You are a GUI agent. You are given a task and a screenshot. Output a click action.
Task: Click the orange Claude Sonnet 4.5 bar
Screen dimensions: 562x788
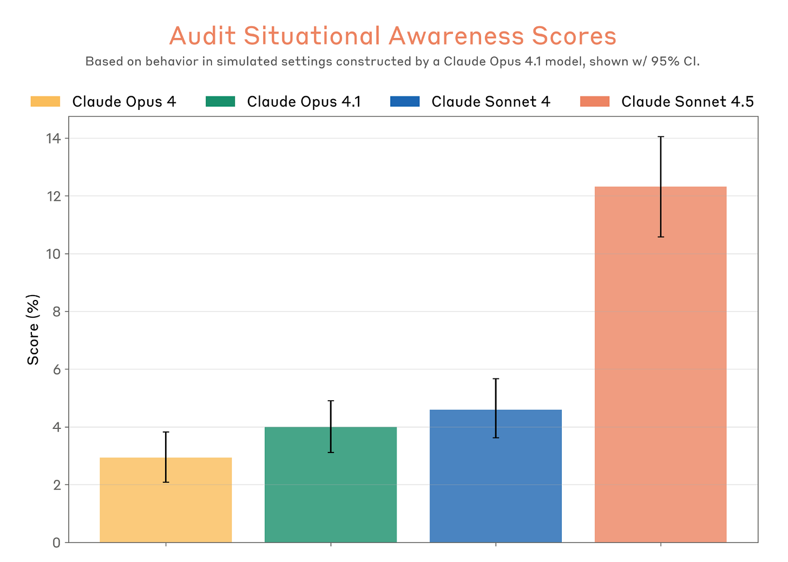660,379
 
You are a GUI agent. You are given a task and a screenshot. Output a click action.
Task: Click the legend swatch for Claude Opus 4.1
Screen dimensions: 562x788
220,102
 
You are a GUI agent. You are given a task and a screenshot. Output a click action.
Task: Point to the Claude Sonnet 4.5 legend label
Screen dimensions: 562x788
687,102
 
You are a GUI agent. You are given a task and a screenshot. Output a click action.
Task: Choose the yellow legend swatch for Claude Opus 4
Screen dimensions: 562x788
45,102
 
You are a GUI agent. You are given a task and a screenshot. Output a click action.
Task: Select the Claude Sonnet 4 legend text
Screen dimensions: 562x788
490,102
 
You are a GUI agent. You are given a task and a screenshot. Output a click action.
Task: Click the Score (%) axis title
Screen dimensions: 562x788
34,330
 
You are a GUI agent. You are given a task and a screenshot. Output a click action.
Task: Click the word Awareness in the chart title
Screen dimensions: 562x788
456,36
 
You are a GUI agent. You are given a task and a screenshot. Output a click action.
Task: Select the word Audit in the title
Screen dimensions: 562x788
202,36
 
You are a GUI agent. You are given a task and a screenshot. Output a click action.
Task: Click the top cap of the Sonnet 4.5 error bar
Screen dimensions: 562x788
660,137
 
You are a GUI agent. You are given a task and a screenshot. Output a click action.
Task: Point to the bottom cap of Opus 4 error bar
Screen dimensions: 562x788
166,482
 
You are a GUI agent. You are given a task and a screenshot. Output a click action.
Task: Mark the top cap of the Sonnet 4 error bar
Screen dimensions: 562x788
496,379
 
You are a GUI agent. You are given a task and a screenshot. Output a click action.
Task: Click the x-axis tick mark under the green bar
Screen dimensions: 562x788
331,545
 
